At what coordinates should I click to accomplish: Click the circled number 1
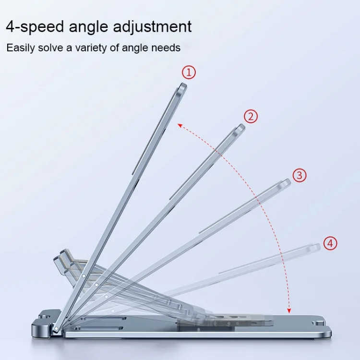[189, 72]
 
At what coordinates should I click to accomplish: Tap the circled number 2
[251, 116]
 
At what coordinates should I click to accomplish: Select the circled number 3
[300, 175]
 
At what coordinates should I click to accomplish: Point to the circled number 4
[330, 243]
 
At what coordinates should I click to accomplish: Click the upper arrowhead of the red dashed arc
[180, 125]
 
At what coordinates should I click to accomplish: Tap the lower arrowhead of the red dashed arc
[289, 311]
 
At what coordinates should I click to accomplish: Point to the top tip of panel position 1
[182, 86]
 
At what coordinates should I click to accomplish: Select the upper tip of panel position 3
[286, 183]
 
